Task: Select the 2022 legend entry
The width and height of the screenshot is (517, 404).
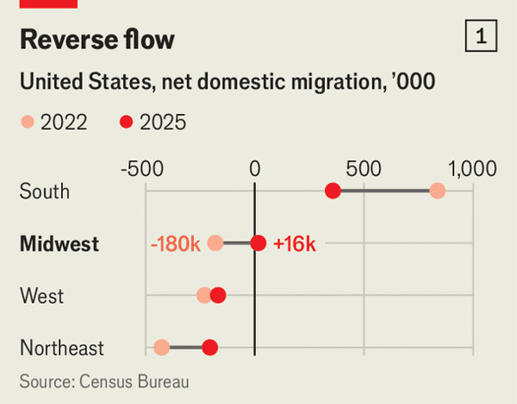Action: (x=53, y=123)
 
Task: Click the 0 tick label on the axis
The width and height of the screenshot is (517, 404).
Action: (x=255, y=168)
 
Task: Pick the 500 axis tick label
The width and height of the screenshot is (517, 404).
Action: (x=364, y=168)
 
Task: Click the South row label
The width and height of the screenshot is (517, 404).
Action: (x=44, y=192)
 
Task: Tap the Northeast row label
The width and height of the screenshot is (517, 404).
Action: (x=61, y=348)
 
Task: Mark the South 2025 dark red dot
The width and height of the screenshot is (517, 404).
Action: (x=333, y=192)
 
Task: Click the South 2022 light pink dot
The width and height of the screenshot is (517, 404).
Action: (x=437, y=192)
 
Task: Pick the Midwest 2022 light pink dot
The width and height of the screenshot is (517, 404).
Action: (x=215, y=244)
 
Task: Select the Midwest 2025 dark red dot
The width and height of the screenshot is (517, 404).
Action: (x=258, y=244)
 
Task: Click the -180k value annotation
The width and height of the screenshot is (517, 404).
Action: (x=176, y=244)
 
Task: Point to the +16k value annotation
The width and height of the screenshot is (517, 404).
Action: (x=295, y=244)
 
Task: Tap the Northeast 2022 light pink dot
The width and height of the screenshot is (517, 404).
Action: (x=161, y=348)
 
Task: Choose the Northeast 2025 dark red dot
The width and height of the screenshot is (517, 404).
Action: (x=209, y=348)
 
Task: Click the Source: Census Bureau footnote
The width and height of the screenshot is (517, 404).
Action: (x=104, y=381)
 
